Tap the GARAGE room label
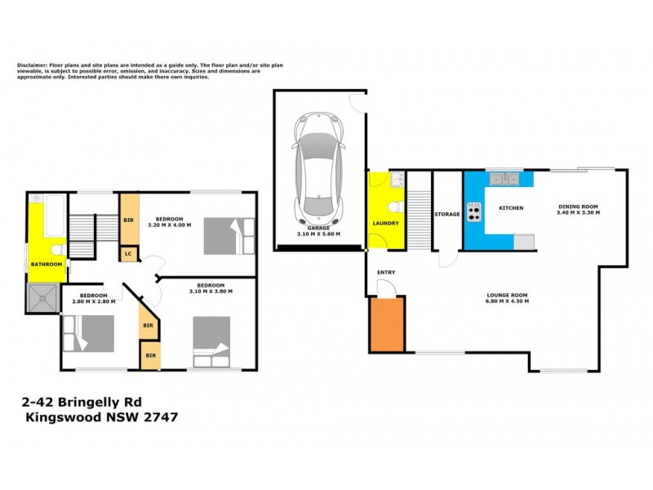(x=318, y=228)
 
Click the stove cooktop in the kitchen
(x=473, y=211)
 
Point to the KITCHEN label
(x=510, y=208)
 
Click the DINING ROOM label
(x=578, y=207)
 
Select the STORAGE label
(x=447, y=215)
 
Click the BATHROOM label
(x=47, y=265)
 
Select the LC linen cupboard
(x=129, y=254)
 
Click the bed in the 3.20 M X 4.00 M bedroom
(x=222, y=237)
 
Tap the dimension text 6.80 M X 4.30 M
(x=508, y=301)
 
